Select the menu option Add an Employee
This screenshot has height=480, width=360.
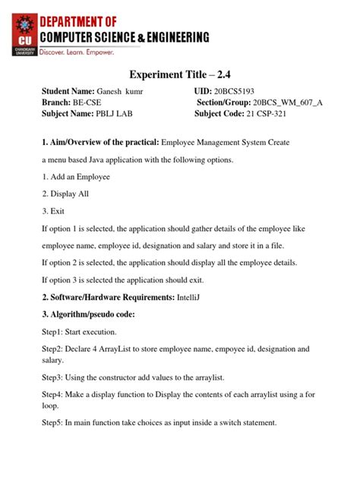(80, 177)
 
